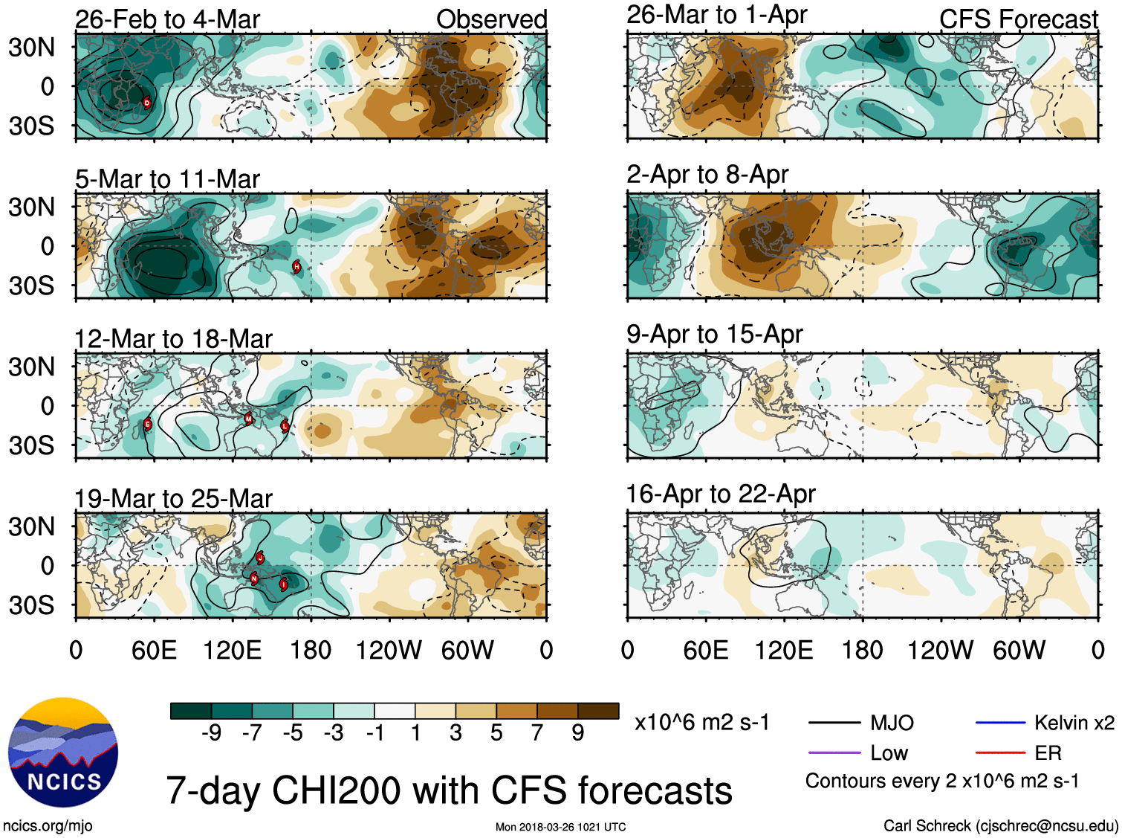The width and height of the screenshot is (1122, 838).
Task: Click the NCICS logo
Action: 63,752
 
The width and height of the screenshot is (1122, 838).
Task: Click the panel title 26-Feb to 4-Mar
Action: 167,19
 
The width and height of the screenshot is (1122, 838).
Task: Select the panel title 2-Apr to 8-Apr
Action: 707,174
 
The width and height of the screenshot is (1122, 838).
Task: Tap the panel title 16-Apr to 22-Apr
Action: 721,494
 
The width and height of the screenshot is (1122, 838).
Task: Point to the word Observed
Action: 491,19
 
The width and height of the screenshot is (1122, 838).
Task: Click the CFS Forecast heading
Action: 1018,19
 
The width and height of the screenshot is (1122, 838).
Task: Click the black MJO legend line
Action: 834,722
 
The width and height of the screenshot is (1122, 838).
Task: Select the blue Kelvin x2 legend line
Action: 1000,722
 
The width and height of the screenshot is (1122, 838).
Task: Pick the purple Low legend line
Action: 834,752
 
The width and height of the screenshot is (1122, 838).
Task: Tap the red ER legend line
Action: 1000,752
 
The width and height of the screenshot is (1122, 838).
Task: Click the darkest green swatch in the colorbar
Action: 191,711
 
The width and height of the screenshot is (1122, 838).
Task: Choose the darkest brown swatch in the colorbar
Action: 598,711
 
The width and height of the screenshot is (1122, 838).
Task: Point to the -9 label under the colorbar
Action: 211,733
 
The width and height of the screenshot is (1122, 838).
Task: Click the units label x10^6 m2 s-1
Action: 701,722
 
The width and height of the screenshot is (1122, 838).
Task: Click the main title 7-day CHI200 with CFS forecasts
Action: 449,790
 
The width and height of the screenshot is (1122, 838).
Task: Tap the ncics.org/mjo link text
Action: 48,825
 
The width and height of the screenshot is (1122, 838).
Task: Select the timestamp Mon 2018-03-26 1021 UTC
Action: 560,827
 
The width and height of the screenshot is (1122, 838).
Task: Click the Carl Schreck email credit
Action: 1000,825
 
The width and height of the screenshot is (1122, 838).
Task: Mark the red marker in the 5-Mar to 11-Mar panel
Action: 296,266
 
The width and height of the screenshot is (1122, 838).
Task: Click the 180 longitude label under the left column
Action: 311,650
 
